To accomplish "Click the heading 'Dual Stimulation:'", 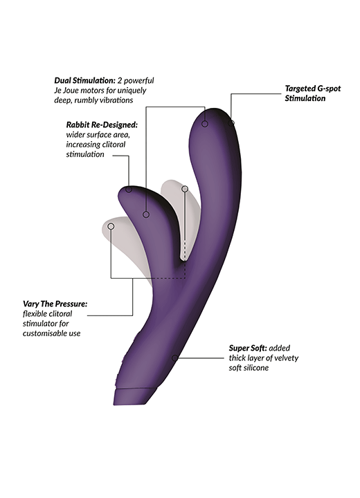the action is click(85, 80).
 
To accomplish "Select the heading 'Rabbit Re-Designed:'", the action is click(102, 124).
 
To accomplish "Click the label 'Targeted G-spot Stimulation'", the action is click(313, 93).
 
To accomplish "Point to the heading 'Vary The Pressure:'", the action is click(55, 304).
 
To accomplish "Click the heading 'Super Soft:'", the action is click(248, 348).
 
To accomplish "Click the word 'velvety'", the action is click(286, 358).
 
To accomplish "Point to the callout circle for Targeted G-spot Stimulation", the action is click(231, 122).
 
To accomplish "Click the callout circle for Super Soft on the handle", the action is click(174, 358).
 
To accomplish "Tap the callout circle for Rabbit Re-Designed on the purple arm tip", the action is click(129, 190).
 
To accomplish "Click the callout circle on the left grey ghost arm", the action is click(111, 226).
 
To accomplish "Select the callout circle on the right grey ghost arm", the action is click(185, 190).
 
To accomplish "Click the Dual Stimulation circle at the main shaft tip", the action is click(205, 124).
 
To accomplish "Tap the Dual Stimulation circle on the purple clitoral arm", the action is click(146, 214).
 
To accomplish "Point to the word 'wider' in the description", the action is click(75, 135).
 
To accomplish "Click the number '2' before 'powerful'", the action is click(120, 80).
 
